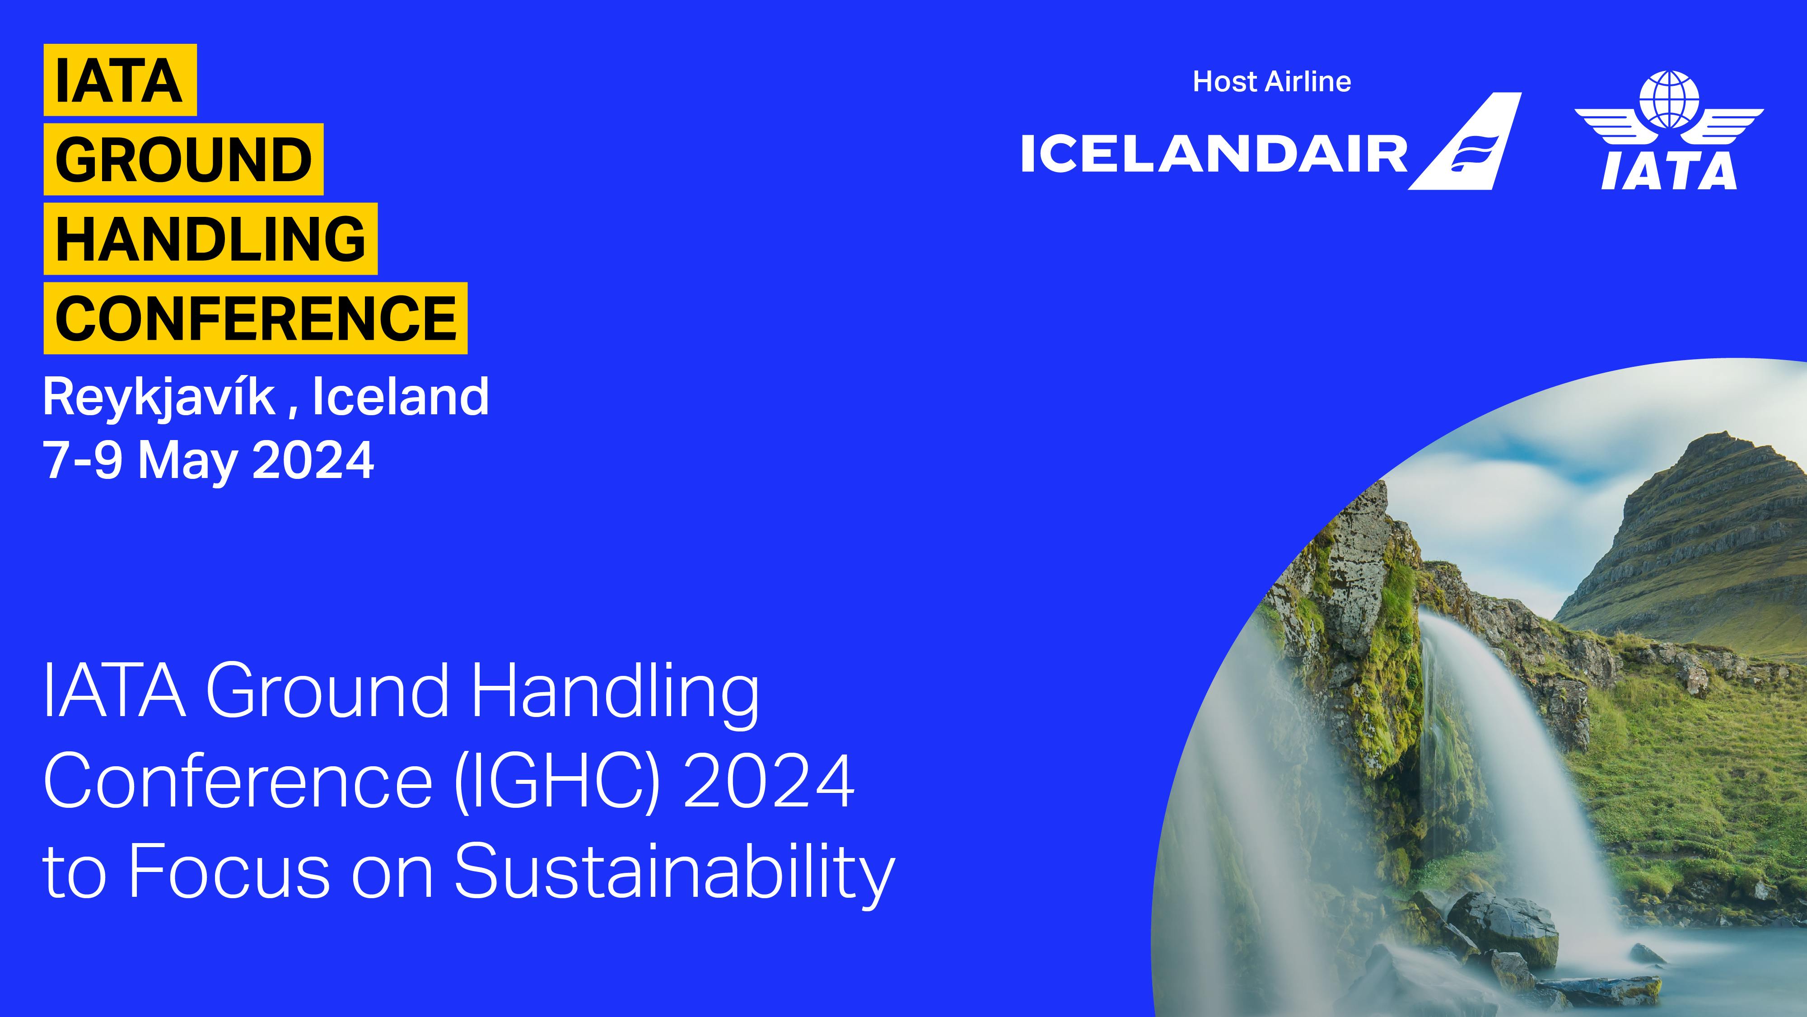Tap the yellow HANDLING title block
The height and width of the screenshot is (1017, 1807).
pyautogui.click(x=210, y=239)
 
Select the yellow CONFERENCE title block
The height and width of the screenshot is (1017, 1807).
pyautogui.click(x=255, y=318)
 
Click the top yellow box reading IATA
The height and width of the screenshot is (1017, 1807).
pyautogui.click(x=120, y=80)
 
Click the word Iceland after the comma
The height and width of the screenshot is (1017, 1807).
pyautogui.click(x=401, y=397)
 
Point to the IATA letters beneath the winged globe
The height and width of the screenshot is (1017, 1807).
pyautogui.click(x=1669, y=171)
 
